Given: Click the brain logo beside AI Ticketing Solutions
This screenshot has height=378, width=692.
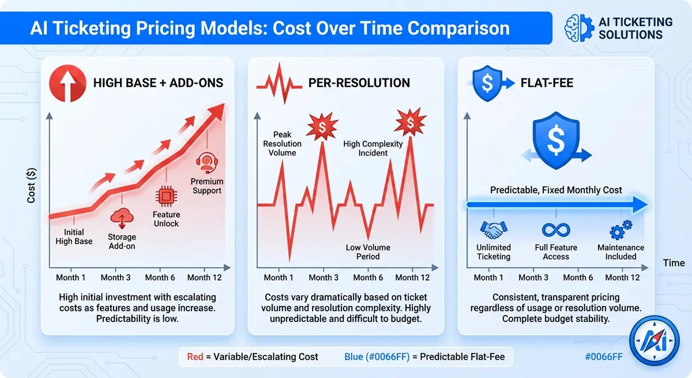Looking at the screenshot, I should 578,27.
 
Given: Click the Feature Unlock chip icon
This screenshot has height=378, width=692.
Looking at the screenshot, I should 166,197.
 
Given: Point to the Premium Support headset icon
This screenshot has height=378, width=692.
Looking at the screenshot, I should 206,163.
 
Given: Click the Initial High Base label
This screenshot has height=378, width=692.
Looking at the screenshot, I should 74,237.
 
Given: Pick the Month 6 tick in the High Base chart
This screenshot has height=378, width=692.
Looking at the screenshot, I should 160,278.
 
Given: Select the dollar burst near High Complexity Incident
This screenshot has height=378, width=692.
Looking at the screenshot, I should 411,121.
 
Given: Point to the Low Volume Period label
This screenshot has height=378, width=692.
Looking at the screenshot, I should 368,252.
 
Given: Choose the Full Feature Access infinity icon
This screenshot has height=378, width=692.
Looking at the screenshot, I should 556,230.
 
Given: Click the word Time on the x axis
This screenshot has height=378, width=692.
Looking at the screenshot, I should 674,263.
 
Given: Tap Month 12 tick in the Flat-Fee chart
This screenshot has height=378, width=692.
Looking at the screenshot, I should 622,278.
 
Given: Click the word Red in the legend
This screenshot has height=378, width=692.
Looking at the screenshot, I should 195,357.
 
